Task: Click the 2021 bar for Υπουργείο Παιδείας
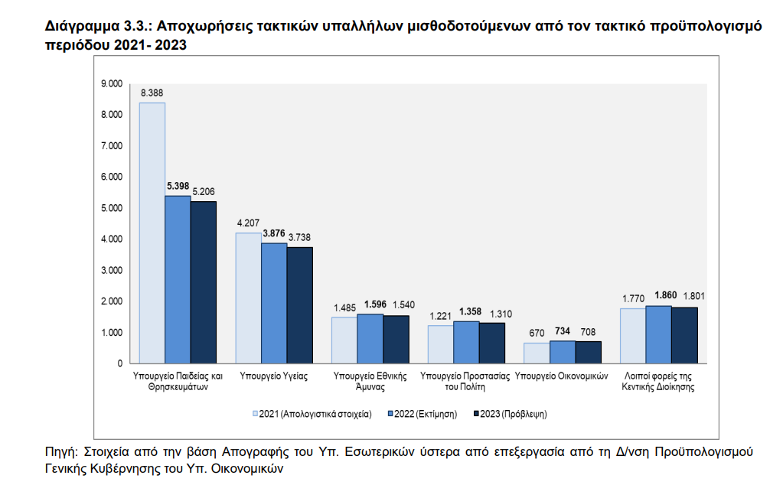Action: pyautogui.click(x=152, y=233)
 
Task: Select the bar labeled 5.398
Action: pyautogui.click(x=178, y=279)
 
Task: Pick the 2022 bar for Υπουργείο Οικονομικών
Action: pyautogui.click(x=563, y=352)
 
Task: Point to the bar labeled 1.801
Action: pyautogui.click(x=684, y=335)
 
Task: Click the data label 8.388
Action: pyautogui.click(x=152, y=93)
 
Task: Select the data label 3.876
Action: pyautogui.click(x=274, y=233)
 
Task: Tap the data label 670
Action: pyautogui.click(x=537, y=333)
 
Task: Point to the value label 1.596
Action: pyautogui.click(x=370, y=304)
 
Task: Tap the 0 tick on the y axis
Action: pyautogui.click(x=119, y=363)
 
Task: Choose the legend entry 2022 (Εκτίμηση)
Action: pyautogui.click(x=422, y=414)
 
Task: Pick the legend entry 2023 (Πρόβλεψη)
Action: pyautogui.click(x=510, y=414)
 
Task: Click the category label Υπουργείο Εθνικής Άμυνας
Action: pyautogui.click(x=370, y=381)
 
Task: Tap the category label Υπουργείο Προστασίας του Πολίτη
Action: pyautogui.click(x=465, y=381)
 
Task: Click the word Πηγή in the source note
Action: pyautogui.click(x=59, y=451)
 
